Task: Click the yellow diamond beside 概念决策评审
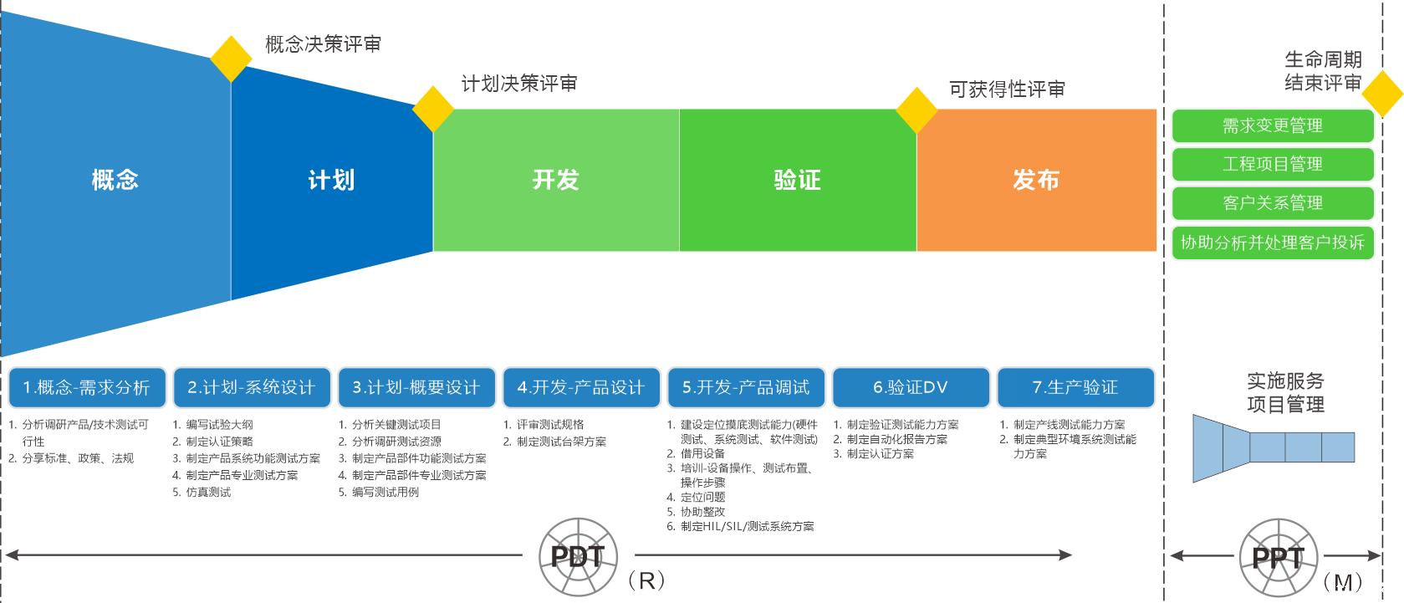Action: [232, 59]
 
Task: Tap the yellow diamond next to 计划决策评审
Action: [433, 109]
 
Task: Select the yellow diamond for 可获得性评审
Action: [916, 110]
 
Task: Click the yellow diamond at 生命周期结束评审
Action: [1382, 93]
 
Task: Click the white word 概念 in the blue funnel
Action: [115, 180]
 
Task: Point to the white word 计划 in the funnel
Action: [331, 180]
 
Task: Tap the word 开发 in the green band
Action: [555, 180]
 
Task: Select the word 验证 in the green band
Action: [797, 180]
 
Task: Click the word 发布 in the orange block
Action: [1035, 180]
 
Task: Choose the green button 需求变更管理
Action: [1272, 126]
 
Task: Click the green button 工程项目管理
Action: [1272, 165]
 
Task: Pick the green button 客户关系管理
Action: [1272, 203]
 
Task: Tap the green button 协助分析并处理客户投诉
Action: [1272, 243]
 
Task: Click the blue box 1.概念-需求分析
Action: [87, 387]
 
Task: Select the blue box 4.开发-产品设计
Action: [581, 387]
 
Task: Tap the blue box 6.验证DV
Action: [911, 387]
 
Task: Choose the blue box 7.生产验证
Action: [1075, 387]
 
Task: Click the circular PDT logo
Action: [578, 556]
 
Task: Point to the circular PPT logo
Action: [1278, 557]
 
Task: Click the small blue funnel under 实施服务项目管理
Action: [1272, 447]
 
